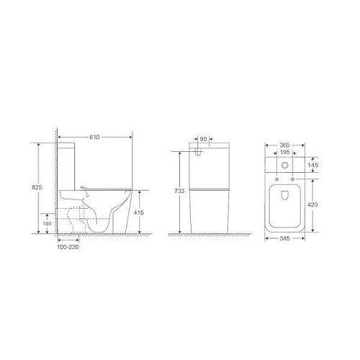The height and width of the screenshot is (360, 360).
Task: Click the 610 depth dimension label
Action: click(x=94, y=137)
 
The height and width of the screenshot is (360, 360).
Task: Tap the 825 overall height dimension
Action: click(x=37, y=187)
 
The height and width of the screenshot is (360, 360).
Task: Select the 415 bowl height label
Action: click(x=139, y=212)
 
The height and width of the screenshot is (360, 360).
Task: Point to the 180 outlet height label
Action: click(x=48, y=224)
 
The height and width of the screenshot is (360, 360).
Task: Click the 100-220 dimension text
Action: click(x=68, y=247)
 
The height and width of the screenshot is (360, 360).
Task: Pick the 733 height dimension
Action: click(x=179, y=191)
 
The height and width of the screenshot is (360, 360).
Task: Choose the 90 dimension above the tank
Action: click(x=203, y=139)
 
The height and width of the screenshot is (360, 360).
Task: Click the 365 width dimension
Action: click(x=285, y=145)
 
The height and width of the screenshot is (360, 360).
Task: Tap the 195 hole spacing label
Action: click(x=285, y=152)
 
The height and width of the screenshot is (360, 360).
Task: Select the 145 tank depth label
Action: click(x=313, y=165)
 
